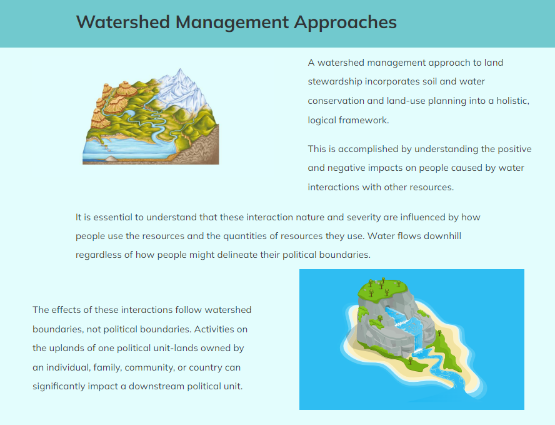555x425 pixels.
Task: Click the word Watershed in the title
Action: [x=123, y=22]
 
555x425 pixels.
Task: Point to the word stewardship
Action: [x=335, y=81]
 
